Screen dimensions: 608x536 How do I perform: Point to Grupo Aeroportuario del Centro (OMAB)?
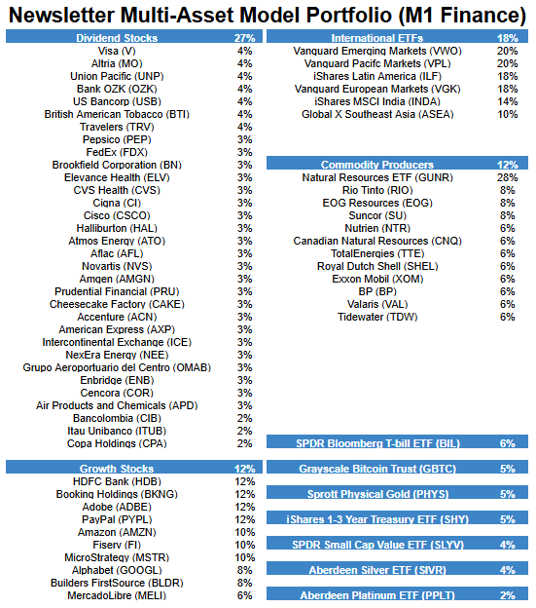pyautogui.click(x=117, y=367)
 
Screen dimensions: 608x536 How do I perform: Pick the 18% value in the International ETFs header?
pyautogui.click(x=507, y=37)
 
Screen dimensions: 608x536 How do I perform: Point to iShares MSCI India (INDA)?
pyautogui.click(x=375, y=101)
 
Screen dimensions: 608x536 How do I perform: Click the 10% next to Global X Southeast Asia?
pyautogui.click(x=507, y=114)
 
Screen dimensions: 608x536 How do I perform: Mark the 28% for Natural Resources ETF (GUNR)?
pyautogui.click(x=507, y=177)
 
